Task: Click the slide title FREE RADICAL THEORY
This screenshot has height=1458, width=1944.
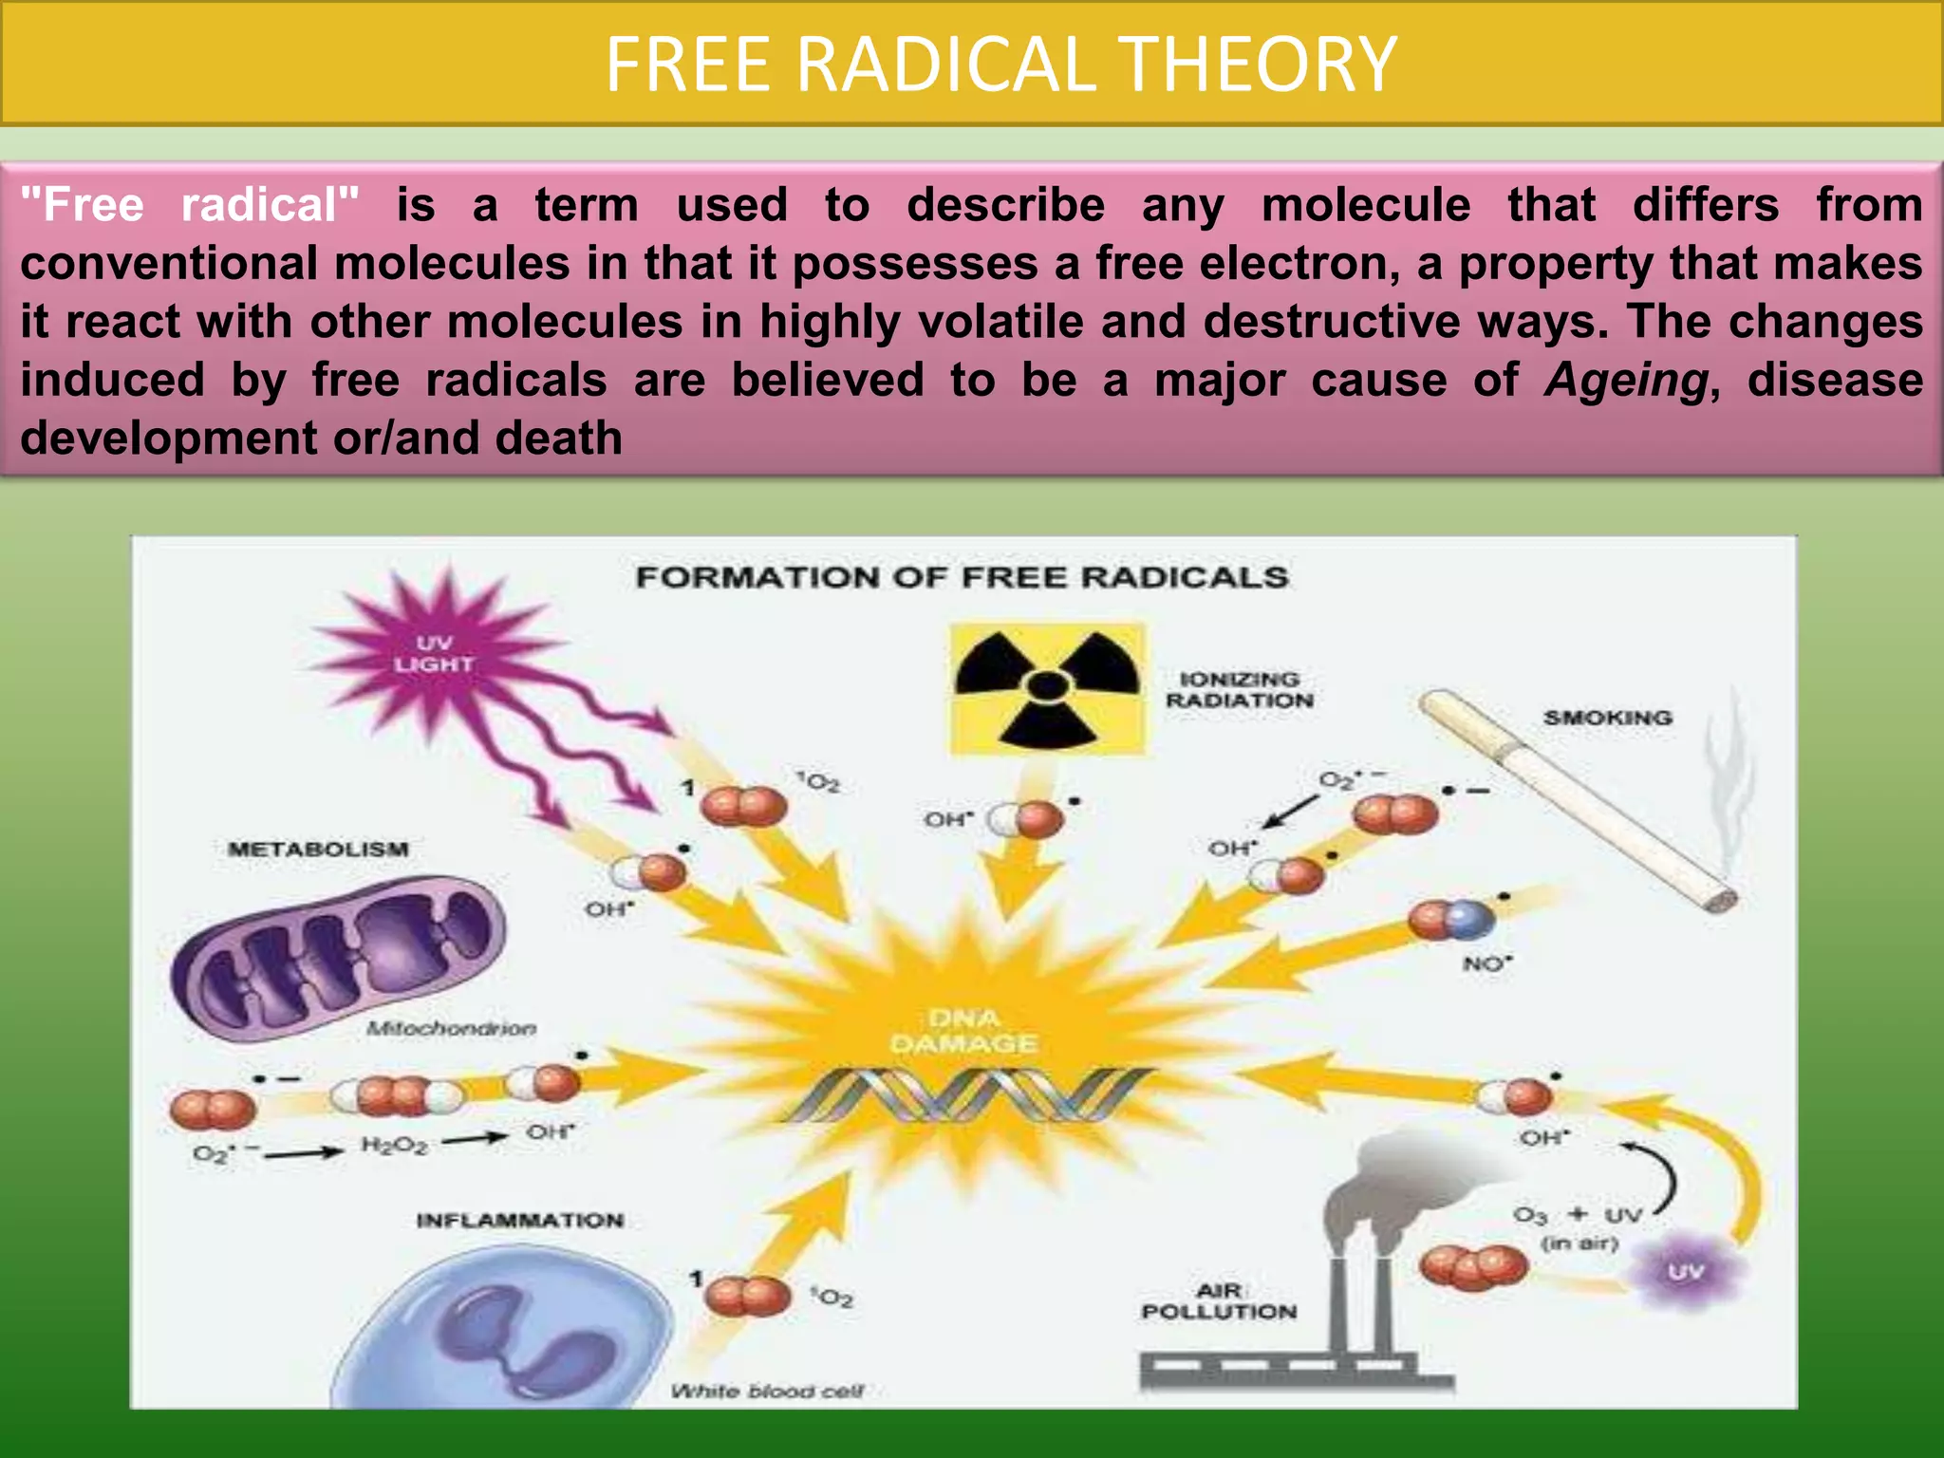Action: coord(1000,65)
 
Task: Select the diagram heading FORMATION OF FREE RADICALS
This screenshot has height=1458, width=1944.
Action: coord(962,577)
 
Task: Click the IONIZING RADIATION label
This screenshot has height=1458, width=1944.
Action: coord(1239,690)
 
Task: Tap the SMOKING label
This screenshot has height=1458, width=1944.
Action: coord(1607,718)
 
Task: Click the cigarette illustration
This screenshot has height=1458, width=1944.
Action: coord(1576,797)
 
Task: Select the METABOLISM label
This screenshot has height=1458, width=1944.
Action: coord(318,849)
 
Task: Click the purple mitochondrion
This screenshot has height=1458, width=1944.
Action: coord(337,959)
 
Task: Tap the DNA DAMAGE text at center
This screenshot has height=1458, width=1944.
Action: coord(963,1032)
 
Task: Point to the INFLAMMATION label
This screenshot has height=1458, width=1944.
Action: coord(519,1221)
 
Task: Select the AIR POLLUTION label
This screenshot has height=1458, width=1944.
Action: coord(1219,1301)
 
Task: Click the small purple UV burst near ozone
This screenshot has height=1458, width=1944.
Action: coord(1685,1271)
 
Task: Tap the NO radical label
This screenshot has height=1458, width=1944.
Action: coord(1486,964)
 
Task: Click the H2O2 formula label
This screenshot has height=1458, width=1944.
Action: coord(394,1146)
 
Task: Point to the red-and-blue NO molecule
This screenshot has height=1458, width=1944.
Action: coord(1451,920)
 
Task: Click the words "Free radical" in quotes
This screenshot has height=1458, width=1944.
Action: coord(190,205)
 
